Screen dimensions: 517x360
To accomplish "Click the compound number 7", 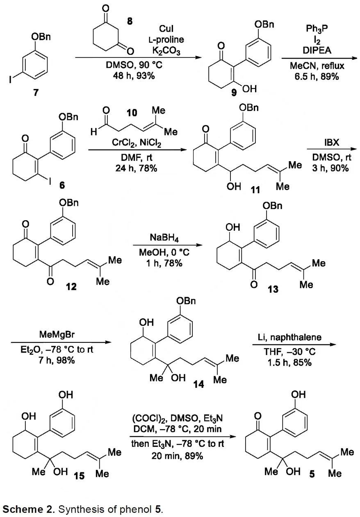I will click(36, 93).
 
